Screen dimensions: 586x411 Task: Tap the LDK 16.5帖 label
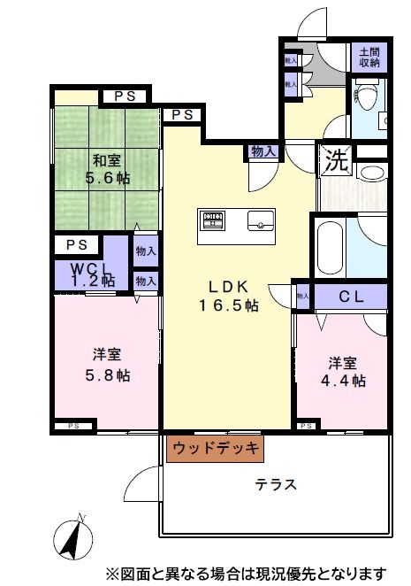pyautogui.click(x=233, y=296)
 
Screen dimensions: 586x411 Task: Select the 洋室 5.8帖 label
pyautogui.click(x=107, y=365)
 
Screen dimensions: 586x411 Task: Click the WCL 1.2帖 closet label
pyautogui.click(x=93, y=273)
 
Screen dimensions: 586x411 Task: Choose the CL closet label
pyautogui.click(x=352, y=297)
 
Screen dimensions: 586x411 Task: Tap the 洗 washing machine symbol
pyautogui.click(x=334, y=161)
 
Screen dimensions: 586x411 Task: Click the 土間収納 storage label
pyautogui.click(x=369, y=58)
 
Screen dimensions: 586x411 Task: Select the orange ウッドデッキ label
pyautogui.click(x=215, y=449)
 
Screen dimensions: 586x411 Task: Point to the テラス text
pyautogui.click(x=276, y=485)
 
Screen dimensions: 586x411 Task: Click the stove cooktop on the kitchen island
pyautogui.click(x=214, y=219)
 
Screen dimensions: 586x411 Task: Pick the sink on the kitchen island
pyautogui.click(x=262, y=219)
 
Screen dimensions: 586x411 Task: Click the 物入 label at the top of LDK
pyautogui.click(x=263, y=151)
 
